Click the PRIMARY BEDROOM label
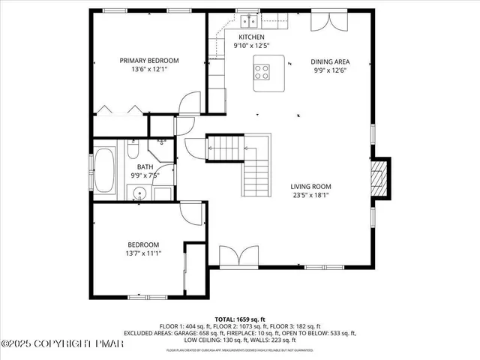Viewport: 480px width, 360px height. point(149,60)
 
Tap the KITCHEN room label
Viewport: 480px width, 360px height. point(251,37)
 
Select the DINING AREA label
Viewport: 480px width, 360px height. point(331,62)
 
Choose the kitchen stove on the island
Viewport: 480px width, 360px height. point(263,72)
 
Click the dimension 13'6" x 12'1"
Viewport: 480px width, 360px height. point(149,70)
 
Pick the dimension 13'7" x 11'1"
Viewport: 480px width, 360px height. point(142,253)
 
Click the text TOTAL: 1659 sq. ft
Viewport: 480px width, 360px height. point(239,319)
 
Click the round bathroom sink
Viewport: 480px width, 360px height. point(139,195)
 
